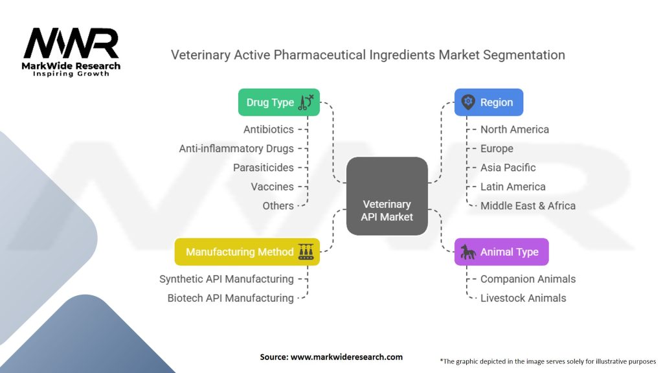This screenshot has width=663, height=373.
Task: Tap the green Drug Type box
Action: [x=279, y=102]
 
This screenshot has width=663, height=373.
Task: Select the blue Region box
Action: [x=488, y=102]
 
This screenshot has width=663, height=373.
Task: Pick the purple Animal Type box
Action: [x=501, y=252]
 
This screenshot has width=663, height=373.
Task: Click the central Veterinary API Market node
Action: [x=387, y=196]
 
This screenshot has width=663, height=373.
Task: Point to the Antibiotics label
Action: [x=269, y=130]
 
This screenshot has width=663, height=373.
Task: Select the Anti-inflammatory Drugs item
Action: [x=236, y=148]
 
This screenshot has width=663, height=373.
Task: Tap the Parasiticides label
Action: [x=264, y=168]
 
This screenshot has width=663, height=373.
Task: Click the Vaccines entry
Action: [x=273, y=186]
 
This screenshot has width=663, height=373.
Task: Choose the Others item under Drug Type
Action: [x=278, y=205]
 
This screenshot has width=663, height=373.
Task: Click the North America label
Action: [x=514, y=130]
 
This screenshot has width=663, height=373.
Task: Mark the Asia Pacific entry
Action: [x=508, y=168]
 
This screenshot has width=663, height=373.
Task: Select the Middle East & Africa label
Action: [x=528, y=205]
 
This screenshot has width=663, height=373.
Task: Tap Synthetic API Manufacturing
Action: [x=227, y=279]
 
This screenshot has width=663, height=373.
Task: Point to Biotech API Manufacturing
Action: [x=230, y=298]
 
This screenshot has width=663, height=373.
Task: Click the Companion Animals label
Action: [x=528, y=279]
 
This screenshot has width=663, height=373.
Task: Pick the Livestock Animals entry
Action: [x=523, y=298]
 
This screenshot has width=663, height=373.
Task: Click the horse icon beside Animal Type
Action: [x=467, y=252]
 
